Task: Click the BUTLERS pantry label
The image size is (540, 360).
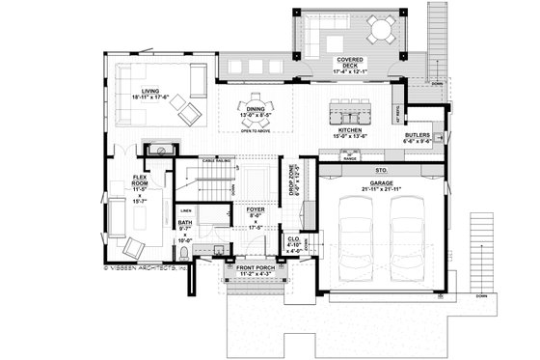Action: (418, 135)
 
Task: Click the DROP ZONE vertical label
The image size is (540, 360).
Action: (294, 180)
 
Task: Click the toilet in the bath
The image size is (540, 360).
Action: (219, 249)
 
